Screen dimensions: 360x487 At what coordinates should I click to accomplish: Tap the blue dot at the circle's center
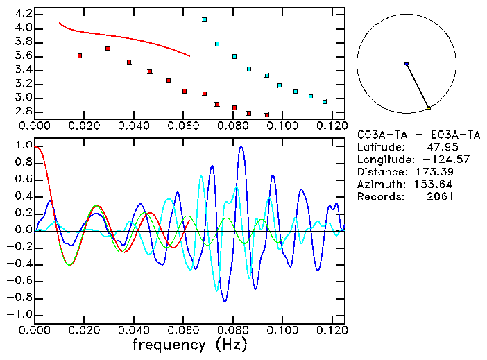[x=407, y=64]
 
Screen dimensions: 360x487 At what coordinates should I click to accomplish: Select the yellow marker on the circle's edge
[x=429, y=108]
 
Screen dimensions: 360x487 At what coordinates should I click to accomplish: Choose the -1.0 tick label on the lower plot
[x=19, y=314]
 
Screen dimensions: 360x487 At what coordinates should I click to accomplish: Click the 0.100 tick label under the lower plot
[x=282, y=329]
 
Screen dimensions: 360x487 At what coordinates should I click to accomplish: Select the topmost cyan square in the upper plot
[x=205, y=19]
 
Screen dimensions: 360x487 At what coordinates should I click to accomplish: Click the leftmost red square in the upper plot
[x=80, y=55]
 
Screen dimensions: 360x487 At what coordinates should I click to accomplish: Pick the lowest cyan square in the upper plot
[x=325, y=102]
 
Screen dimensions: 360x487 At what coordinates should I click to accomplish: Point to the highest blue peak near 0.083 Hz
[x=241, y=147]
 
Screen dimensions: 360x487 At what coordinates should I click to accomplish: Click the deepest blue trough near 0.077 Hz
[x=225, y=301]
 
